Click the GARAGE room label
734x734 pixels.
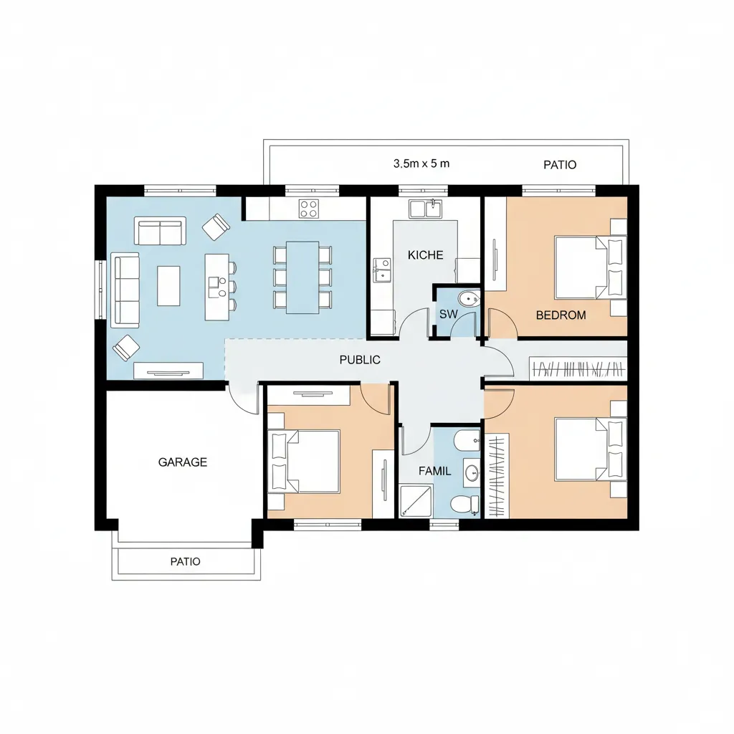coord(183,462)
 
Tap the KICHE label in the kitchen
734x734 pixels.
coord(425,255)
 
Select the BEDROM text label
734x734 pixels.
coord(561,315)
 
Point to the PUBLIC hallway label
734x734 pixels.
coord(360,360)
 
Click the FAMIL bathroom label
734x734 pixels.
coord(435,471)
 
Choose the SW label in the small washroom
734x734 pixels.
coord(448,314)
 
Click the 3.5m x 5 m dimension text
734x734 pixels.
coord(421,163)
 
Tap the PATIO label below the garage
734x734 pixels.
coord(186,561)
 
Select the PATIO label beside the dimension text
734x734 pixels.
coord(560,165)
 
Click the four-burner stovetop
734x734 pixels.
coord(309,209)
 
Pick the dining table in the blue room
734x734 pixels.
coord(302,277)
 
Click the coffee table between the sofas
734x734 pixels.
coord(168,285)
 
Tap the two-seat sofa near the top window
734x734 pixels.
coord(160,231)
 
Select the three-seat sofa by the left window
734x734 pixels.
coord(125,290)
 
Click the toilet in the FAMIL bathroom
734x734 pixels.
coord(463,504)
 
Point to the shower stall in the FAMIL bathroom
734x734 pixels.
coord(416,501)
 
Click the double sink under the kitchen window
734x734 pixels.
coord(425,209)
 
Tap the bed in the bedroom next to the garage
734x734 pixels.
coord(304,462)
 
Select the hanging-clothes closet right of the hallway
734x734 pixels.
coord(578,368)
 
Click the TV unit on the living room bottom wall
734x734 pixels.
coord(168,371)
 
